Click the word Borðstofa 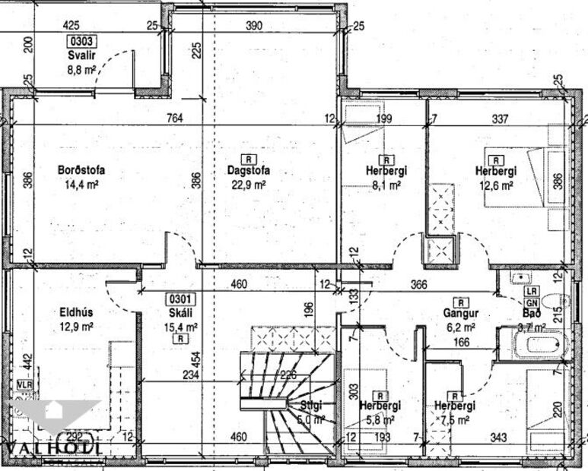click(x=81, y=170)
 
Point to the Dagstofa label click(x=248, y=171)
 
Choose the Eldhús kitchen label click(x=76, y=311)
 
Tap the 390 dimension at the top click(x=254, y=26)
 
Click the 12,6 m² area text click(x=496, y=184)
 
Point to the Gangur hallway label click(x=460, y=313)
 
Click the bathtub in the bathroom click(x=533, y=345)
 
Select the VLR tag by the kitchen click(x=25, y=385)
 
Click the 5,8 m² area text click(x=380, y=419)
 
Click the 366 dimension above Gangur click(x=418, y=286)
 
